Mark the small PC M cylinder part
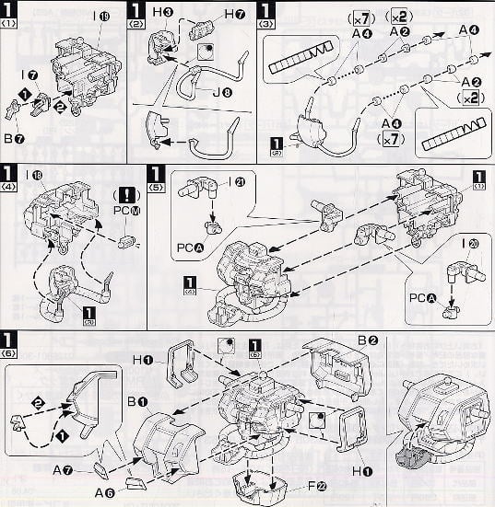(x=129, y=242)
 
